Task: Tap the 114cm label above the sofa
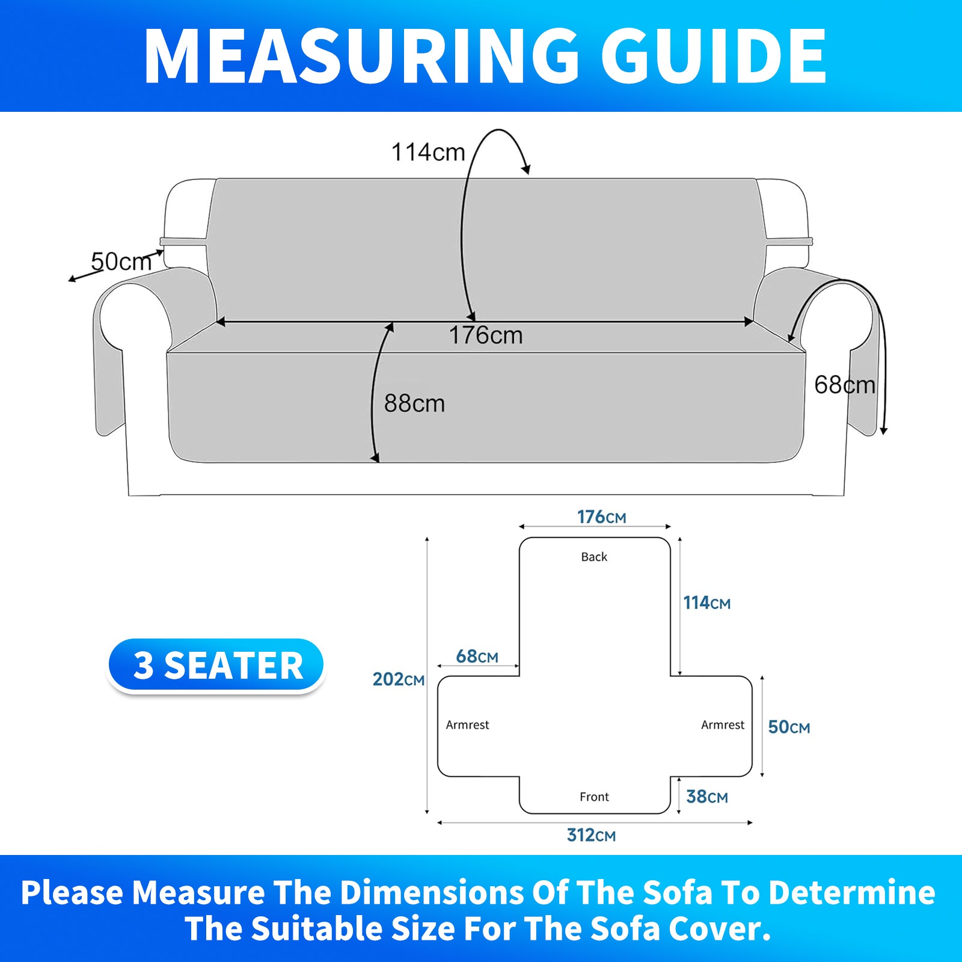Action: [x=428, y=152]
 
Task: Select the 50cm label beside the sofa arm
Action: [x=121, y=262]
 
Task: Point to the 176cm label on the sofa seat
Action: [x=486, y=335]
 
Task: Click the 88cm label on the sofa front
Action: [x=414, y=403]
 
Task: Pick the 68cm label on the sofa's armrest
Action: [x=845, y=385]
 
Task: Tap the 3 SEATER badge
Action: [x=216, y=666]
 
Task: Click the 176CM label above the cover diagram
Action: [x=601, y=517]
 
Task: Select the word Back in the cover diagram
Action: [x=594, y=557]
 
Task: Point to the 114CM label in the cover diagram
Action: [x=706, y=602]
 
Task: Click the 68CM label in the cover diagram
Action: [x=477, y=656]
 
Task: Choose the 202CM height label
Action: [x=398, y=679]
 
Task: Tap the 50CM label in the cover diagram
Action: [x=789, y=727]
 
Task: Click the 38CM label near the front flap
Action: [x=706, y=797]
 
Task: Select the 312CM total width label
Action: [x=591, y=835]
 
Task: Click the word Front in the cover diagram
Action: [x=594, y=797]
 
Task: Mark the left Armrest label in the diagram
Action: [x=467, y=725]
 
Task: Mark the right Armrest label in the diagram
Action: [x=723, y=725]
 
